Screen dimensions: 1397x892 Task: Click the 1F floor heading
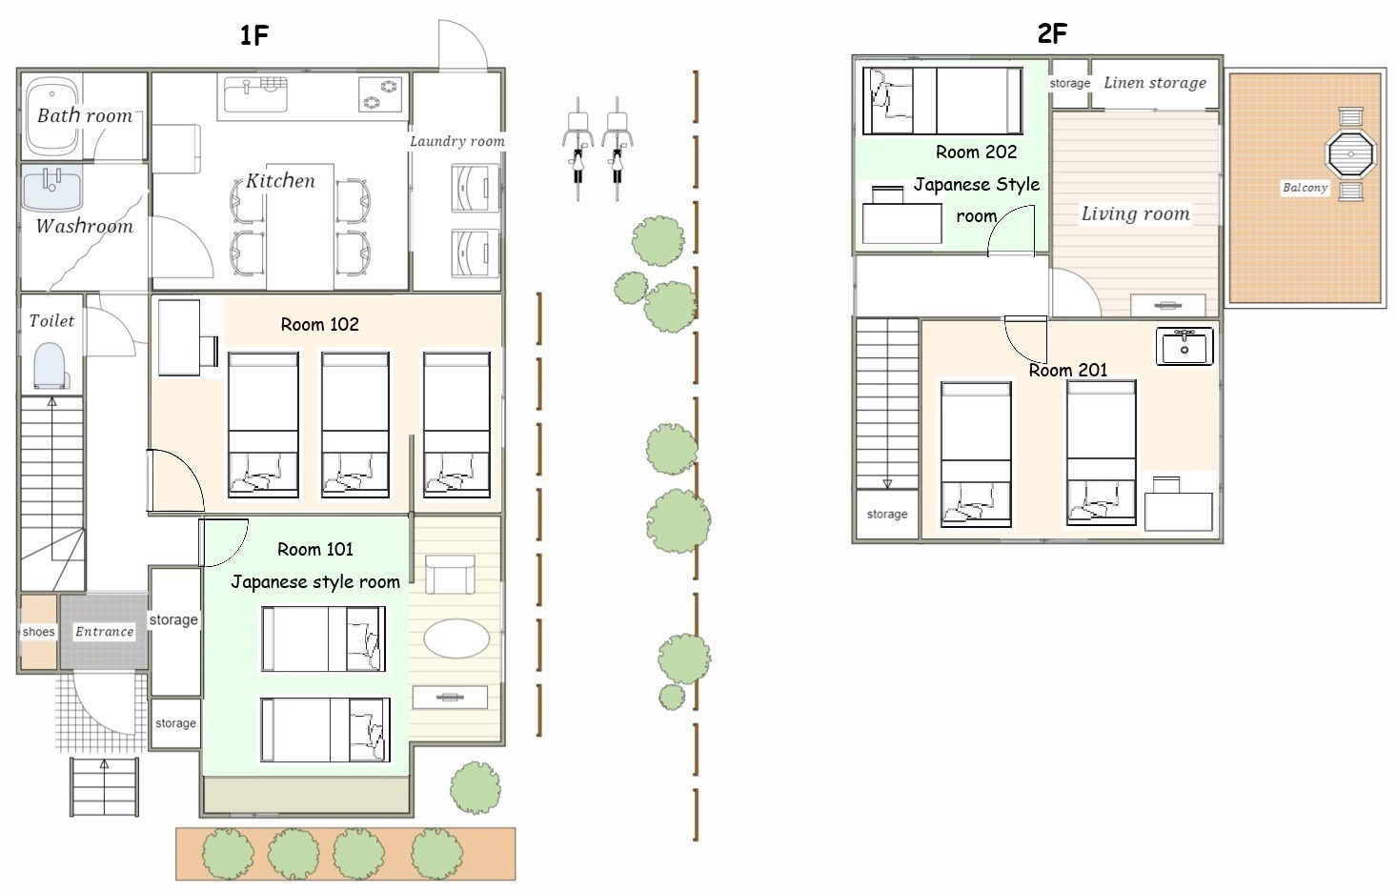click(254, 35)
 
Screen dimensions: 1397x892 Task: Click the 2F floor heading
click(1052, 33)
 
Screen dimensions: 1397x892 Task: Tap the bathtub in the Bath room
click(52, 115)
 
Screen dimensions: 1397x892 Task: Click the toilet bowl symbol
click(50, 365)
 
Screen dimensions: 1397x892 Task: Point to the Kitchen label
click(281, 181)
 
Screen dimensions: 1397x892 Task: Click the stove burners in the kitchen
click(379, 94)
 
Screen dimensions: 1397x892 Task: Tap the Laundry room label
click(457, 142)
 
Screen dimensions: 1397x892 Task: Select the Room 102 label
click(319, 324)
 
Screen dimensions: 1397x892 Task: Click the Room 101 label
click(315, 549)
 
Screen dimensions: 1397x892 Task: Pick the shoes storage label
click(39, 631)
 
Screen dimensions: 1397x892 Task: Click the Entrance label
click(104, 631)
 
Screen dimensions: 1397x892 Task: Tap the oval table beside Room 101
click(456, 639)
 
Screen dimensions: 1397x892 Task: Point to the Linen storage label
click(1155, 83)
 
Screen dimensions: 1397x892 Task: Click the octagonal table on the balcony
click(1351, 153)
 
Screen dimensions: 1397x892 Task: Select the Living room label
click(1135, 214)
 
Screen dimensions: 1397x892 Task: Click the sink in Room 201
click(1184, 346)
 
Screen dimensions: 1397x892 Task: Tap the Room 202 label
click(976, 152)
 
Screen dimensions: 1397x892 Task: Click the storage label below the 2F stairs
click(887, 514)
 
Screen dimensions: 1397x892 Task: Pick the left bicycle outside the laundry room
click(578, 149)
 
